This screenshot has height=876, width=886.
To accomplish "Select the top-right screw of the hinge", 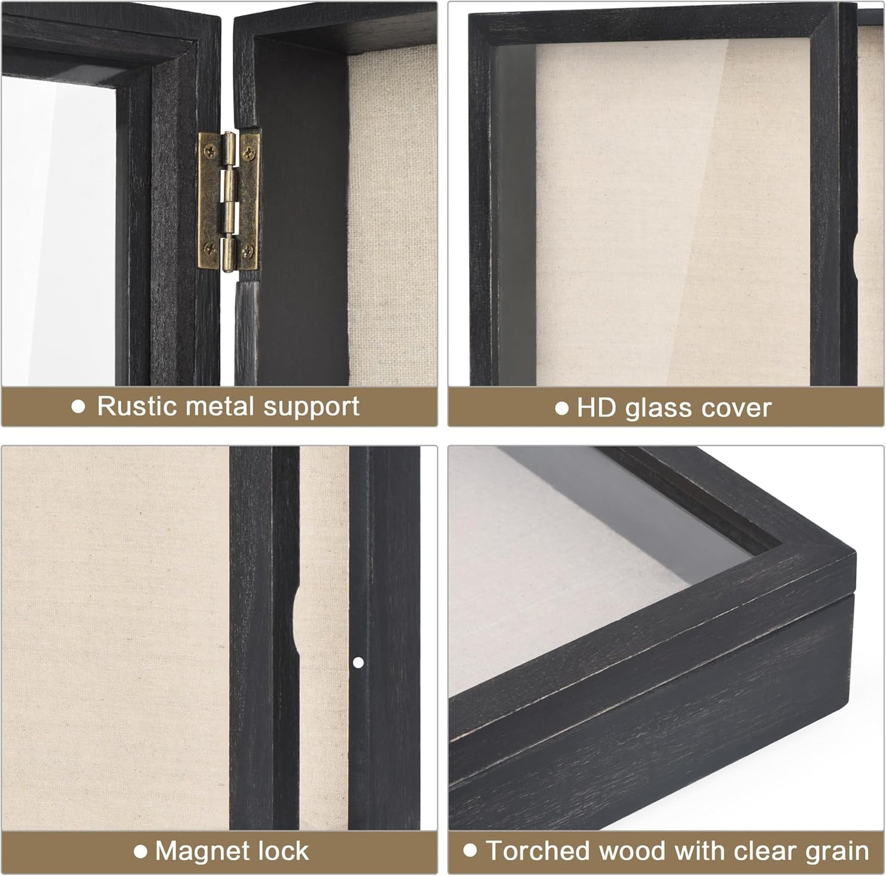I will point(250,148).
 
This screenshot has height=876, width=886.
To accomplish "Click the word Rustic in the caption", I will point(137,406).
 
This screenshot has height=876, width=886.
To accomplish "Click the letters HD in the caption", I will point(595,408).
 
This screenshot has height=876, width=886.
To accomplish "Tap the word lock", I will point(283,851).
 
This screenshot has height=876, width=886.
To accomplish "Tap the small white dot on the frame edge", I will point(359,662).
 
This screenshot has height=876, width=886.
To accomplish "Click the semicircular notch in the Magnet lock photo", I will point(296,620).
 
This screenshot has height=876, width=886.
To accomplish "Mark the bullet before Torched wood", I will point(470,850).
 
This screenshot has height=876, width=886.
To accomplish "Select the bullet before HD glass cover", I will point(561,408).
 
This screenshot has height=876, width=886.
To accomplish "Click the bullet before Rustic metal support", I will point(78,406).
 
